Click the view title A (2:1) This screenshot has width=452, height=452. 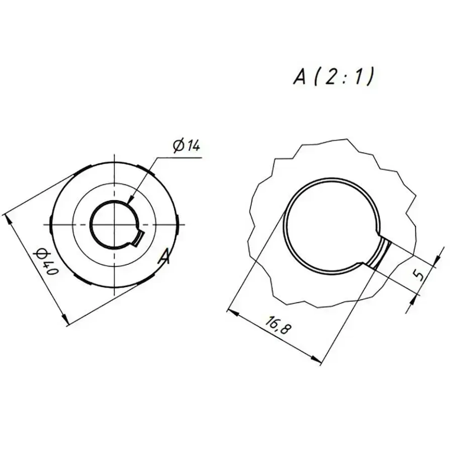pyautogui.click(x=334, y=77)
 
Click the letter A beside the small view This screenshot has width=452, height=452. pyautogui.click(x=165, y=257)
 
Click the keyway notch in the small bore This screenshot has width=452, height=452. pyautogui.click(x=139, y=238)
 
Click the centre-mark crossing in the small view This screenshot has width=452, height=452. pyautogui.click(x=116, y=224)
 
